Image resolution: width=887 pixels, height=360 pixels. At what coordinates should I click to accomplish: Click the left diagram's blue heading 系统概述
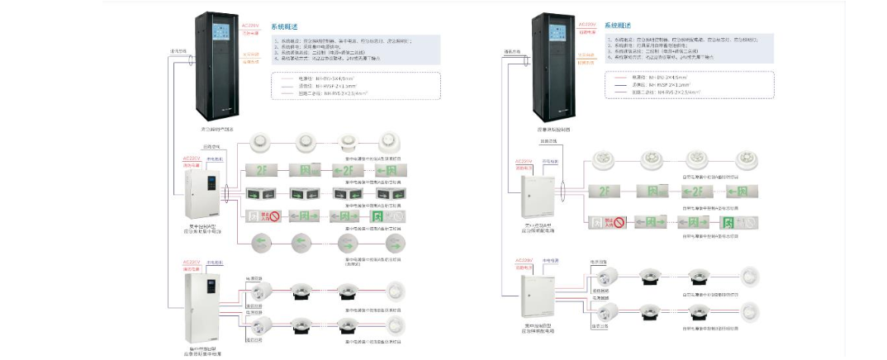(x=284, y=26)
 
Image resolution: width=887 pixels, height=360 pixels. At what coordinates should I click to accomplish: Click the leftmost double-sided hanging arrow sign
(x=258, y=194)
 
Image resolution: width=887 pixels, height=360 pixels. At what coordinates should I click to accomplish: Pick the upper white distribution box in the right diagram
(x=534, y=192)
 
